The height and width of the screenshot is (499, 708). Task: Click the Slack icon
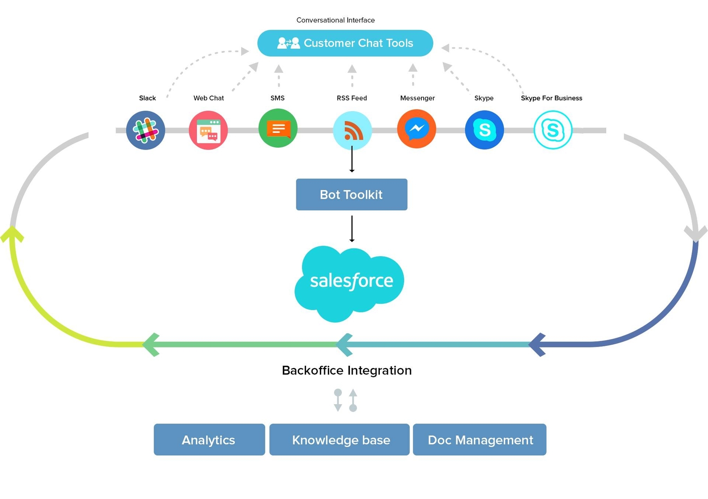coord(146,130)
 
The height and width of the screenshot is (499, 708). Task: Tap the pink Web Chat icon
coord(208,130)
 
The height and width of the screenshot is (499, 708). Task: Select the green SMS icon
coord(278,128)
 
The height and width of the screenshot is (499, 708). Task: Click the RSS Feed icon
coord(352,131)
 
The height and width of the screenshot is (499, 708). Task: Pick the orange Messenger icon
coord(417,129)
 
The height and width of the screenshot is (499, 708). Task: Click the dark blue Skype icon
coord(484,130)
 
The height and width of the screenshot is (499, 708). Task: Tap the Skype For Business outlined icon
coord(553,130)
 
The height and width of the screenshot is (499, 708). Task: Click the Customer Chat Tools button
coord(345,43)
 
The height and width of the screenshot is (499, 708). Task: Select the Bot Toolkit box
coord(351,194)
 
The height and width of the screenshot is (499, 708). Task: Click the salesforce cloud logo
coord(350,282)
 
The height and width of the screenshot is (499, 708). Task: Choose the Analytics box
coord(209,440)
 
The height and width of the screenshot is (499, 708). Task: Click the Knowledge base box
coord(339,440)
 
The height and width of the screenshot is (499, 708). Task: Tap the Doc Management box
coord(479,440)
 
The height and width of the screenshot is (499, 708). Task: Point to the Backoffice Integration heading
coord(346,370)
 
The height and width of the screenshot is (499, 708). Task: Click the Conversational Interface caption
coord(336,20)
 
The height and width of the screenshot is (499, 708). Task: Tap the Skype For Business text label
coord(551,98)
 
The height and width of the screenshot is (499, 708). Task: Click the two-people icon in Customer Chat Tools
coord(289,43)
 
